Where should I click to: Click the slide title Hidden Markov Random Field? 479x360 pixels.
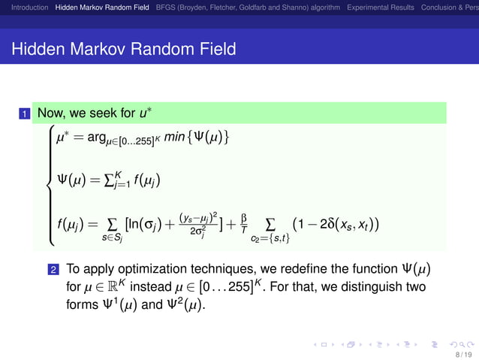point(124,50)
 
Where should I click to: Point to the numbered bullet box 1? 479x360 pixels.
point(25,114)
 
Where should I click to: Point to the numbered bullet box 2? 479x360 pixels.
point(53,269)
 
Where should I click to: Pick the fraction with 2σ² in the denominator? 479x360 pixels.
point(199,224)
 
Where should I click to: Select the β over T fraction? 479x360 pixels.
point(243,223)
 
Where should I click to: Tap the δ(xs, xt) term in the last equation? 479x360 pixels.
point(350,223)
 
